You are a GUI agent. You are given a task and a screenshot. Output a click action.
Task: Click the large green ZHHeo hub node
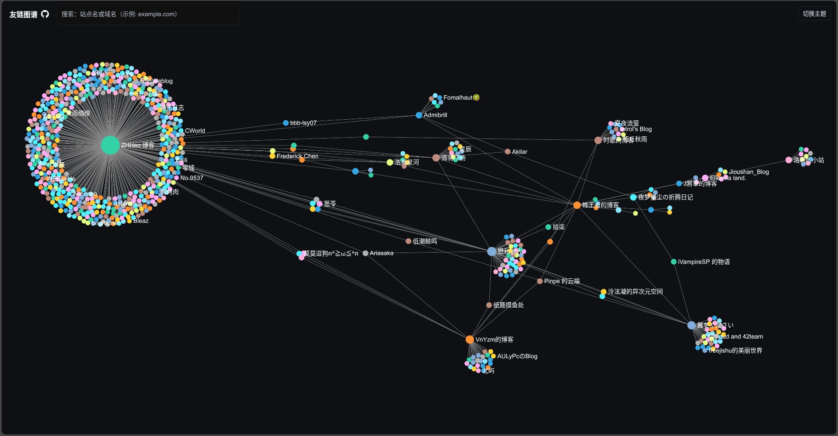110,145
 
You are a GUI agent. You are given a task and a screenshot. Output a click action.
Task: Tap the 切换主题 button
814,14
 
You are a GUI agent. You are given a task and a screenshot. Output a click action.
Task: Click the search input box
148,14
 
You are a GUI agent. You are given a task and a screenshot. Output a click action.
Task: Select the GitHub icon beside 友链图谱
45,14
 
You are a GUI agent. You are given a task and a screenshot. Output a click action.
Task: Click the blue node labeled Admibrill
419,115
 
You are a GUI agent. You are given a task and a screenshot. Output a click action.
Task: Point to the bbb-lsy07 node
286,123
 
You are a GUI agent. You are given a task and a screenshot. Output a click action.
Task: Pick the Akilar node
508,152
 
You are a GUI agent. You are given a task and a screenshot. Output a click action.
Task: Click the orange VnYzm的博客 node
470,339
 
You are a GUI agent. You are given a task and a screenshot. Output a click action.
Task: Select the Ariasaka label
381,253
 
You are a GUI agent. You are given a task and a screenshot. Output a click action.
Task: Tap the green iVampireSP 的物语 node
673,262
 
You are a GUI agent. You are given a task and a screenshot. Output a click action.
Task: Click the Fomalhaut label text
458,98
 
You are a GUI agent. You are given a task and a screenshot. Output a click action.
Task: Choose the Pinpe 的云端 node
540,281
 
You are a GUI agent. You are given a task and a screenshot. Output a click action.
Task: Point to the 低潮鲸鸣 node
409,241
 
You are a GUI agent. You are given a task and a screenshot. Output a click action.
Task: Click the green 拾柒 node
548,227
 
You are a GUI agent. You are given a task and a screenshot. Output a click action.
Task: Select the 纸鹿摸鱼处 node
489,305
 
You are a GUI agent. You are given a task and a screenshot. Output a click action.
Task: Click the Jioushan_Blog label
749,172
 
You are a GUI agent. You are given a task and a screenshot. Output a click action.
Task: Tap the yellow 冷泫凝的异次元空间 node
604,291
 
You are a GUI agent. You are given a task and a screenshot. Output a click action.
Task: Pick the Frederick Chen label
298,156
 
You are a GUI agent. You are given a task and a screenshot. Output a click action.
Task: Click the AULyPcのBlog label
517,356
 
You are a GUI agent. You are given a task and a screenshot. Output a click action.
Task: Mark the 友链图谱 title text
24,14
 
